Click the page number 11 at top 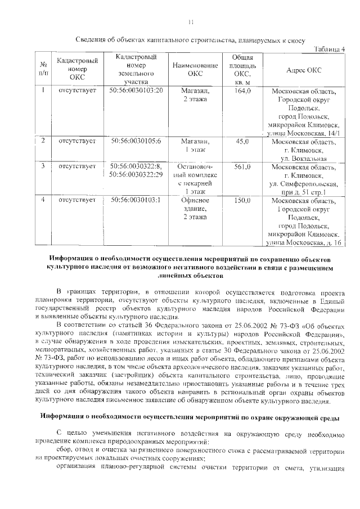(191, 22)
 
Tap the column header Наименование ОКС (195, 70)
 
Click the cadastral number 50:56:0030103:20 (136, 91)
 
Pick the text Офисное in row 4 (195, 200)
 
